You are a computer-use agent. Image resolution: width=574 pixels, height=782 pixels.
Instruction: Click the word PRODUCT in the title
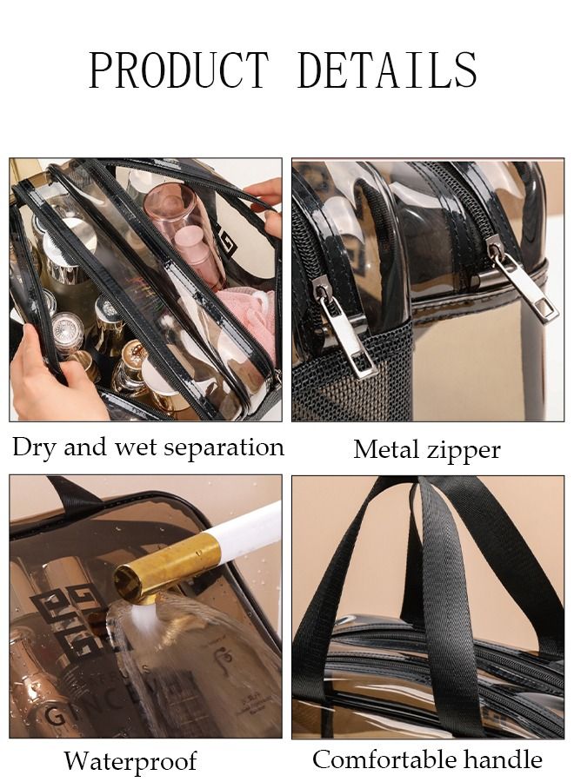click(179, 70)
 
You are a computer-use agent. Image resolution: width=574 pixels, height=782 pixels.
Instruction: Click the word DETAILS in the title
click(387, 70)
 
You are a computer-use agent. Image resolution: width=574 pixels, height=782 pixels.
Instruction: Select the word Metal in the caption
click(386, 450)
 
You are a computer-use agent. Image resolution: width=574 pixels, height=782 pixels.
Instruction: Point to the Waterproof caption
click(130, 762)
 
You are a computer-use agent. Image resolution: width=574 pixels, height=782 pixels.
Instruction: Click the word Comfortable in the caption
click(380, 760)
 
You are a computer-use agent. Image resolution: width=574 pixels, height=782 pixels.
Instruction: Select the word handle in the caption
click(503, 760)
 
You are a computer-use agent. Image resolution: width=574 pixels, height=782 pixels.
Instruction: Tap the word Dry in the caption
click(33, 448)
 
